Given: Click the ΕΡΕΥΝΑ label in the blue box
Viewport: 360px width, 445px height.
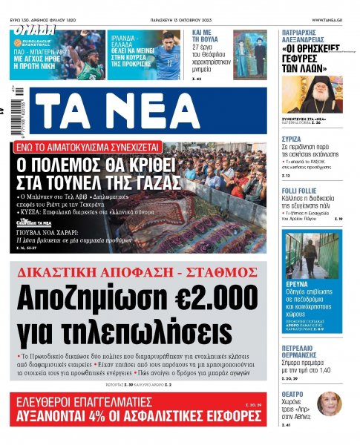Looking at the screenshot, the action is point(298,283).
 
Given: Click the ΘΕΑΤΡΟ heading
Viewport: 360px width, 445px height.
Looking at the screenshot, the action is point(292,395).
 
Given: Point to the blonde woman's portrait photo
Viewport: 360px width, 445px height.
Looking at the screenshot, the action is point(328,405).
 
